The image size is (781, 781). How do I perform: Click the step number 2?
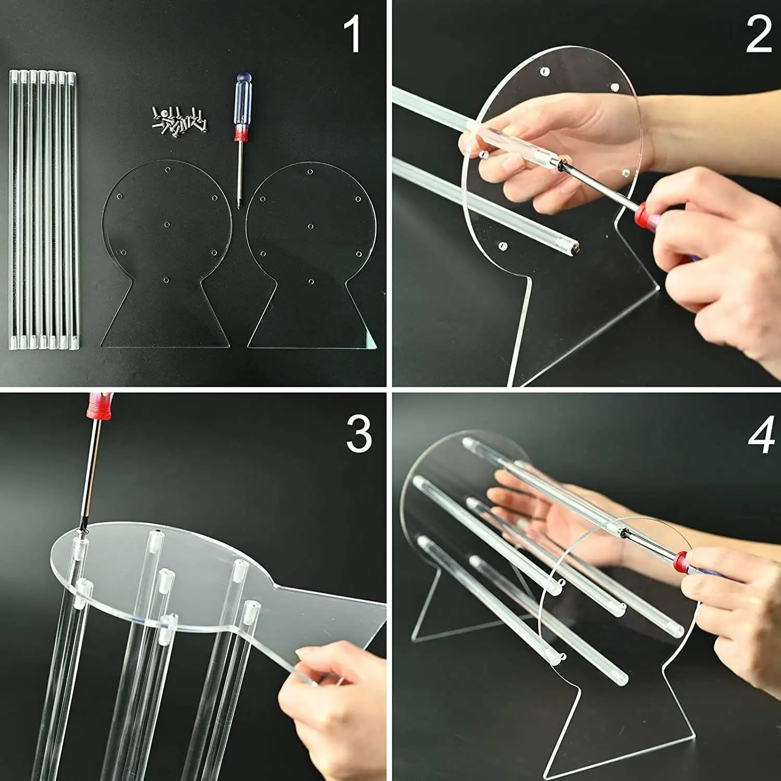[758, 34]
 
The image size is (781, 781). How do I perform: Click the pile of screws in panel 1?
[179, 119]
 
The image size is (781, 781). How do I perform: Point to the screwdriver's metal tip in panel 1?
[239, 200]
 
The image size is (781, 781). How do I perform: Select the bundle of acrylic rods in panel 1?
[43, 208]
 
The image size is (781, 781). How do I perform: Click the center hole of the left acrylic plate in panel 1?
[167, 224]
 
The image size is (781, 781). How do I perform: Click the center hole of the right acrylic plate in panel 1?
[310, 226]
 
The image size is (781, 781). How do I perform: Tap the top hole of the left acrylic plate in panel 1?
[167, 170]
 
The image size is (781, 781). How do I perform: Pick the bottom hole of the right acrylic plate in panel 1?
[311, 282]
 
